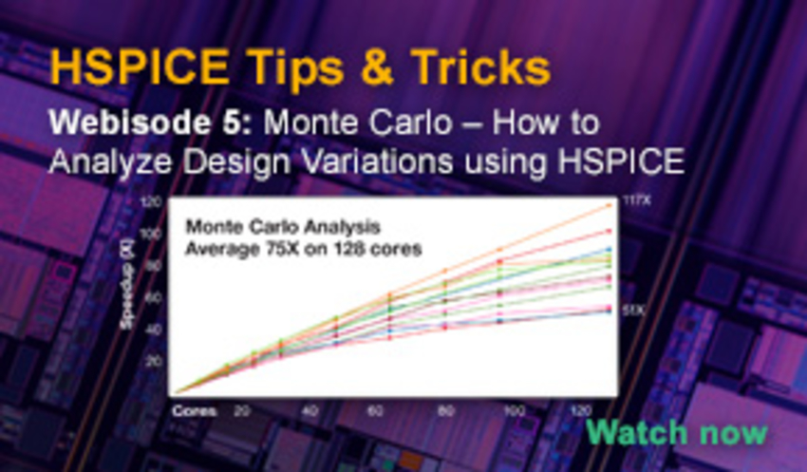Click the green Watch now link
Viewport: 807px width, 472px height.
(676, 432)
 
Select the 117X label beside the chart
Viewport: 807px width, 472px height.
(636, 200)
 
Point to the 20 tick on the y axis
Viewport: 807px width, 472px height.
(153, 361)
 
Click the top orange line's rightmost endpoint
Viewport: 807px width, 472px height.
(609, 205)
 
